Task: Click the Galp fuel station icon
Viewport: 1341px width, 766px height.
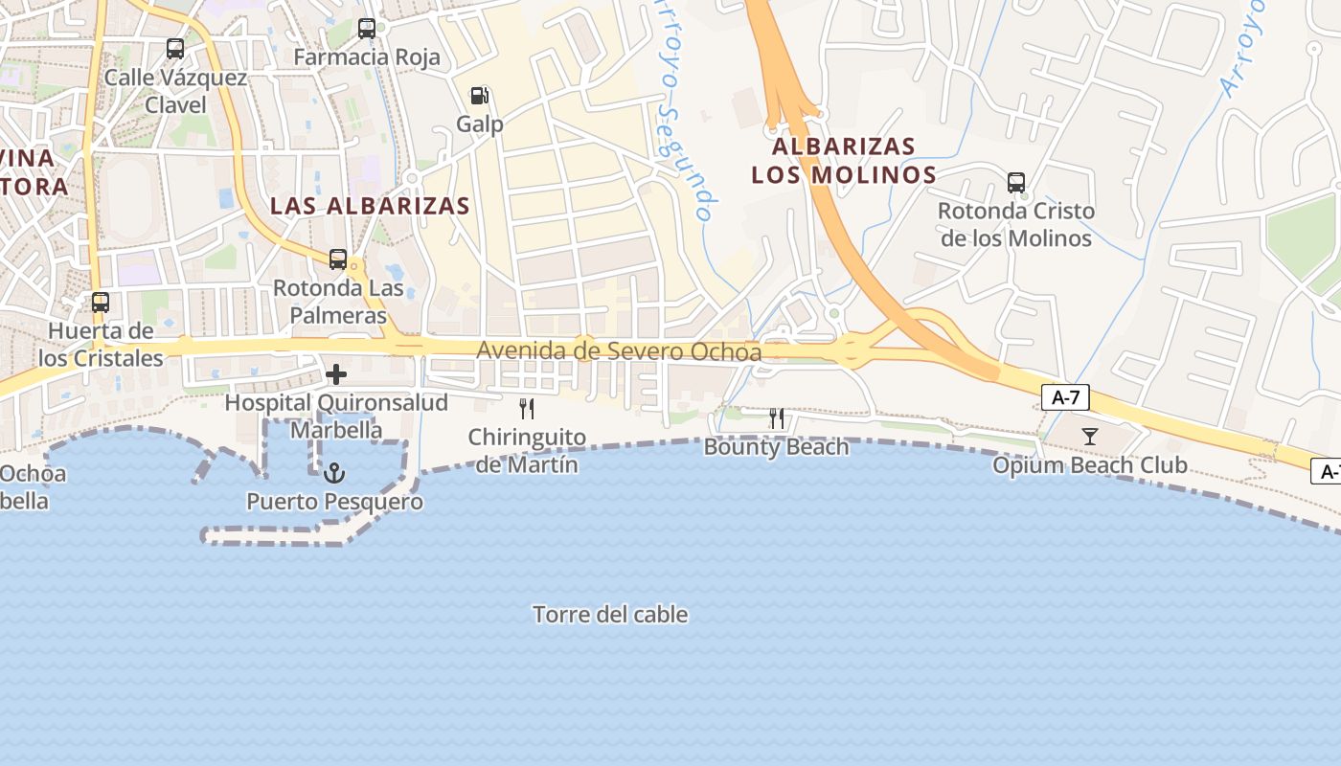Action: [x=479, y=96]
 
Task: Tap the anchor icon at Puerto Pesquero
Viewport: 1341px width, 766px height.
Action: [x=334, y=472]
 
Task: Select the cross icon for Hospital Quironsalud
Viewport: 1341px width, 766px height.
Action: [x=336, y=374]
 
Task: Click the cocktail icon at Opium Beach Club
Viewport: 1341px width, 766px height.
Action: [x=1090, y=437]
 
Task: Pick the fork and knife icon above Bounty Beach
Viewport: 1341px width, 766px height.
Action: [x=777, y=418]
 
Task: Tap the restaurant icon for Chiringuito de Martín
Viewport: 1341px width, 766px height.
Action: [x=526, y=409]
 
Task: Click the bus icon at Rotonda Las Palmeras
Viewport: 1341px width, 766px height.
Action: [x=338, y=259]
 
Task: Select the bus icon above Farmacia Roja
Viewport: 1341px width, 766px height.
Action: [x=367, y=28]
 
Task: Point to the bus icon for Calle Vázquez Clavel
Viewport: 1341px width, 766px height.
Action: [x=175, y=48]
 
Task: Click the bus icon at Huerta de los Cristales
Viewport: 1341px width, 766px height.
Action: [x=101, y=303]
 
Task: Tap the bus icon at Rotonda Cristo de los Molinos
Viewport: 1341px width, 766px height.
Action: [x=1016, y=182]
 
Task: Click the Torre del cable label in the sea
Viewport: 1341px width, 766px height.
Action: [x=610, y=615]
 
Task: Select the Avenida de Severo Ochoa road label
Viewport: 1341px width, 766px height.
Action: [x=619, y=351]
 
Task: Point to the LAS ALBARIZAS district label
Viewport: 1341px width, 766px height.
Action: [x=370, y=206]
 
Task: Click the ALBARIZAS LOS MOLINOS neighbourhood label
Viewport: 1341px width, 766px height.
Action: [x=844, y=161]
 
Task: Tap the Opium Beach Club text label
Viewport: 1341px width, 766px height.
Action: [x=1090, y=466]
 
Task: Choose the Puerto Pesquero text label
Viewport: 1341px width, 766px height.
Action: [x=334, y=502]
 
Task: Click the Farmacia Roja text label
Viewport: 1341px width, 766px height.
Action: [x=367, y=57]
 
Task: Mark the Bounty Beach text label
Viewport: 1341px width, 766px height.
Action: [x=777, y=447]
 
